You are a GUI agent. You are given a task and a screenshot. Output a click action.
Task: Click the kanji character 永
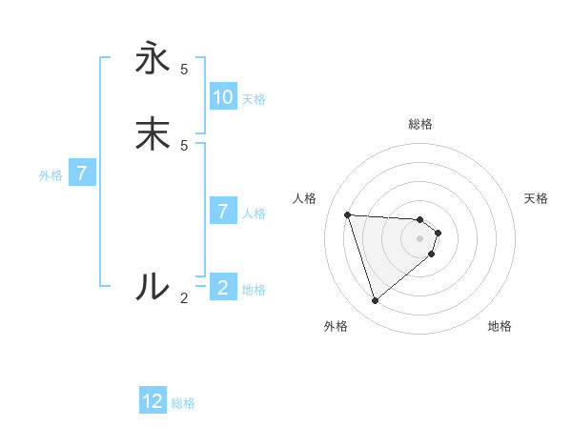[x=153, y=59]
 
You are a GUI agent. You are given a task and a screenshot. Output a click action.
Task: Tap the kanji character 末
[x=153, y=134]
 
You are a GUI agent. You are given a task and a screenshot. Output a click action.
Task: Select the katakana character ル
[x=153, y=286]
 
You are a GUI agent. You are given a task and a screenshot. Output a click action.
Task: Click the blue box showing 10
[x=223, y=97]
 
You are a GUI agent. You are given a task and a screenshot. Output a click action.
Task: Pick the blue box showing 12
[x=153, y=401]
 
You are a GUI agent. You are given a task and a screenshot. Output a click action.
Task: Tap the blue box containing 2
[x=223, y=287]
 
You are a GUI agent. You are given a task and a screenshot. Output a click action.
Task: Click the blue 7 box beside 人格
[x=223, y=211]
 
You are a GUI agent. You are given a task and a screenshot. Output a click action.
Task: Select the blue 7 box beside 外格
[x=82, y=173]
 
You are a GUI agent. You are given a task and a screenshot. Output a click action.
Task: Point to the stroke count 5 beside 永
[x=184, y=70]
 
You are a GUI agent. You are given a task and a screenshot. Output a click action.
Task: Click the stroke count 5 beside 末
[x=184, y=145]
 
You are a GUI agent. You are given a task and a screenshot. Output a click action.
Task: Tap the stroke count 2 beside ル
[x=184, y=297]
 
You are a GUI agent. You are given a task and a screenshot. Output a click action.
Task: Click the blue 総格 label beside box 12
[x=183, y=403]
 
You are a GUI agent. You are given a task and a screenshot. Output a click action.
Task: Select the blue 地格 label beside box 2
[x=254, y=290]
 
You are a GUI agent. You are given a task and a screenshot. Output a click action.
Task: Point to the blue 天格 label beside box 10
[x=254, y=99]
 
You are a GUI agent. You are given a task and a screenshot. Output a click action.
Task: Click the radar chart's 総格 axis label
[x=420, y=124]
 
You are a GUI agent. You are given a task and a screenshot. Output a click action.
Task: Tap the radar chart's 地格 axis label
[x=500, y=326]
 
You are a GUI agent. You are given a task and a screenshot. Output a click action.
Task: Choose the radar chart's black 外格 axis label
[x=336, y=326]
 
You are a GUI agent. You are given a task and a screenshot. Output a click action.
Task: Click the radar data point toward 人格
[x=348, y=214]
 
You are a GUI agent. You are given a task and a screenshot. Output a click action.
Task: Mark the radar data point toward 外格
[x=375, y=301]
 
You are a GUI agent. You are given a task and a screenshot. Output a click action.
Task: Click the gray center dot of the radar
[x=420, y=251]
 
